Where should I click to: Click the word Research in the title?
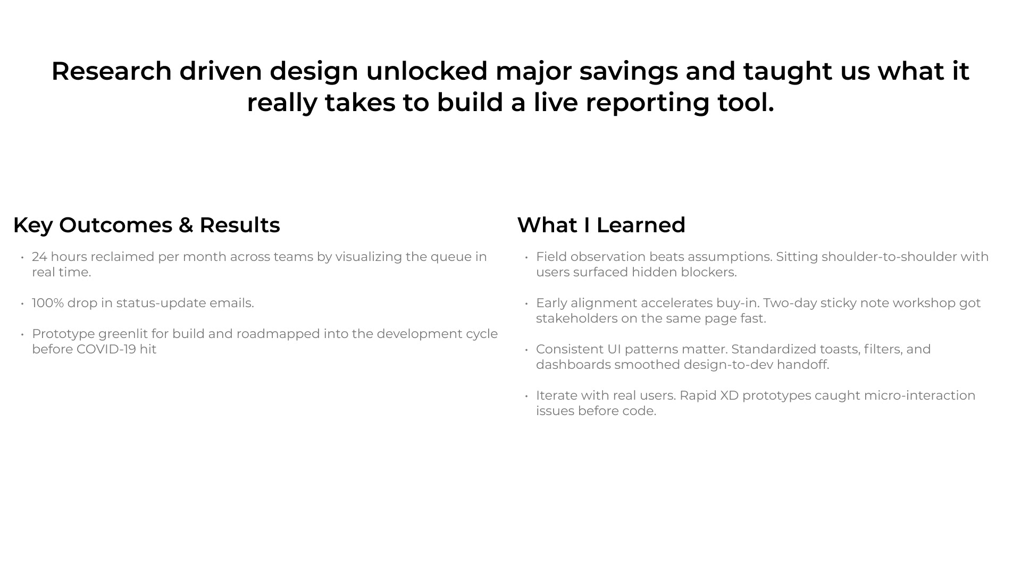tap(112, 71)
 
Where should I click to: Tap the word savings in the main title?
tap(629, 72)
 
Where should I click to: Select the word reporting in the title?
tap(648, 103)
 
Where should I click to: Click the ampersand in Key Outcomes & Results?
tap(186, 225)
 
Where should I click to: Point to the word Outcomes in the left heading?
tap(116, 225)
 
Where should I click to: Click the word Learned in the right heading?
tap(641, 225)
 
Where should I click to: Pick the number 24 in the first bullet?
tap(39, 257)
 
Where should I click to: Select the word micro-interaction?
tap(919, 395)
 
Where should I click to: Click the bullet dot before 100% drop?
tap(22, 303)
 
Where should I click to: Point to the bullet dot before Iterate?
tap(526, 396)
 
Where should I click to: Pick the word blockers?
tap(709, 272)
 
